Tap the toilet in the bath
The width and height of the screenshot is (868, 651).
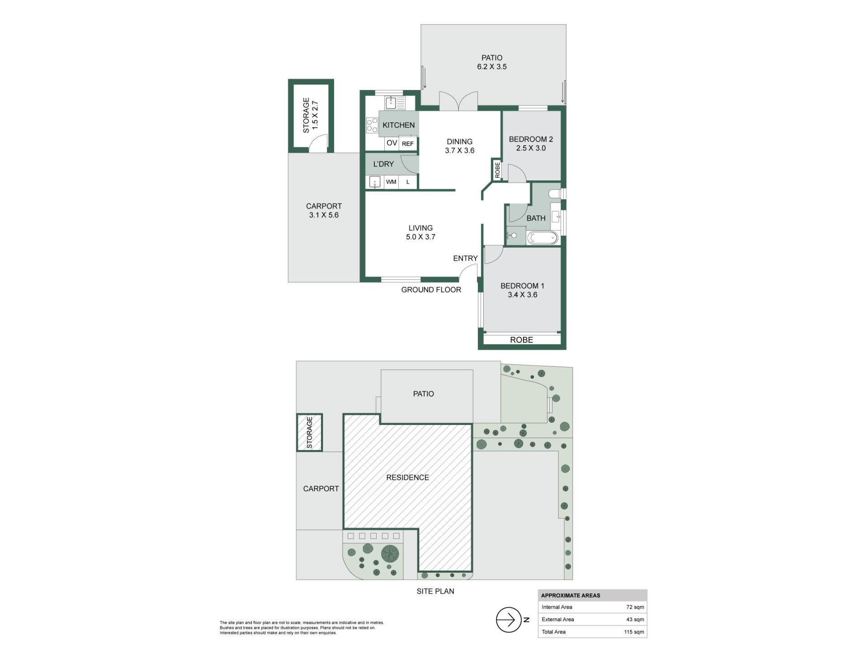(556, 193)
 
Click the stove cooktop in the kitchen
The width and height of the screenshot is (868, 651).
(372, 125)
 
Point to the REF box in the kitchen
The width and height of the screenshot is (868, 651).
(408, 144)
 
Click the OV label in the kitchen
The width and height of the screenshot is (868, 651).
(392, 143)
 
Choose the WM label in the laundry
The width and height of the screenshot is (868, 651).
(391, 182)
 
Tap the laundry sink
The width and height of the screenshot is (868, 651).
(375, 182)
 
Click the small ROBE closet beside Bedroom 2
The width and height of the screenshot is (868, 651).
(497, 170)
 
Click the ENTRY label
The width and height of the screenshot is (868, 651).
(465, 258)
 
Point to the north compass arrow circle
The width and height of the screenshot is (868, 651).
(509, 620)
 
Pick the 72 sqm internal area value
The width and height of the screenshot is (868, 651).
(635, 607)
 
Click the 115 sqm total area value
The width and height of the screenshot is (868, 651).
(634, 632)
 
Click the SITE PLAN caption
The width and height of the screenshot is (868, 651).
(435, 591)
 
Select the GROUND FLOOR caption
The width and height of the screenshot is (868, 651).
(431, 290)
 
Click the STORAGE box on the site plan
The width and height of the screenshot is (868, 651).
(310, 432)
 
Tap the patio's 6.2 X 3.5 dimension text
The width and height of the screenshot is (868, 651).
(492, 66)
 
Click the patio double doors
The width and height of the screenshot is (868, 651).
(458, 101)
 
